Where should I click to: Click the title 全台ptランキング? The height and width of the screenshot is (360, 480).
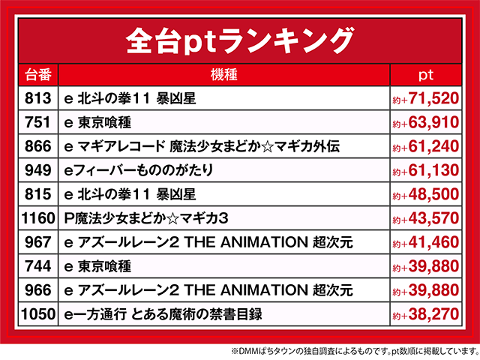pos(239,38)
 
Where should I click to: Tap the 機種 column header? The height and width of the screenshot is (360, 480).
pos(224,75)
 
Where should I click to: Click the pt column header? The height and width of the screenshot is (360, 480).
pos(425,75)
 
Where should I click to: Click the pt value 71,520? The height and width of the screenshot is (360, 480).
pos(425,98)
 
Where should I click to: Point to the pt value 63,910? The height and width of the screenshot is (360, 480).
pos(425,122)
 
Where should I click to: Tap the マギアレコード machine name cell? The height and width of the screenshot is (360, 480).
pos(202,146)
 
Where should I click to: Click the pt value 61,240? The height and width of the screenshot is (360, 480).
pos(425,146)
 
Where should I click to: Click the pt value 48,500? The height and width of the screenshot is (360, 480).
pos(425,194)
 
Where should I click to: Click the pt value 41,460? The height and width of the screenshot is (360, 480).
pos(425,242)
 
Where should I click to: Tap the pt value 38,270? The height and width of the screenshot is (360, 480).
pos(425,314)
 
